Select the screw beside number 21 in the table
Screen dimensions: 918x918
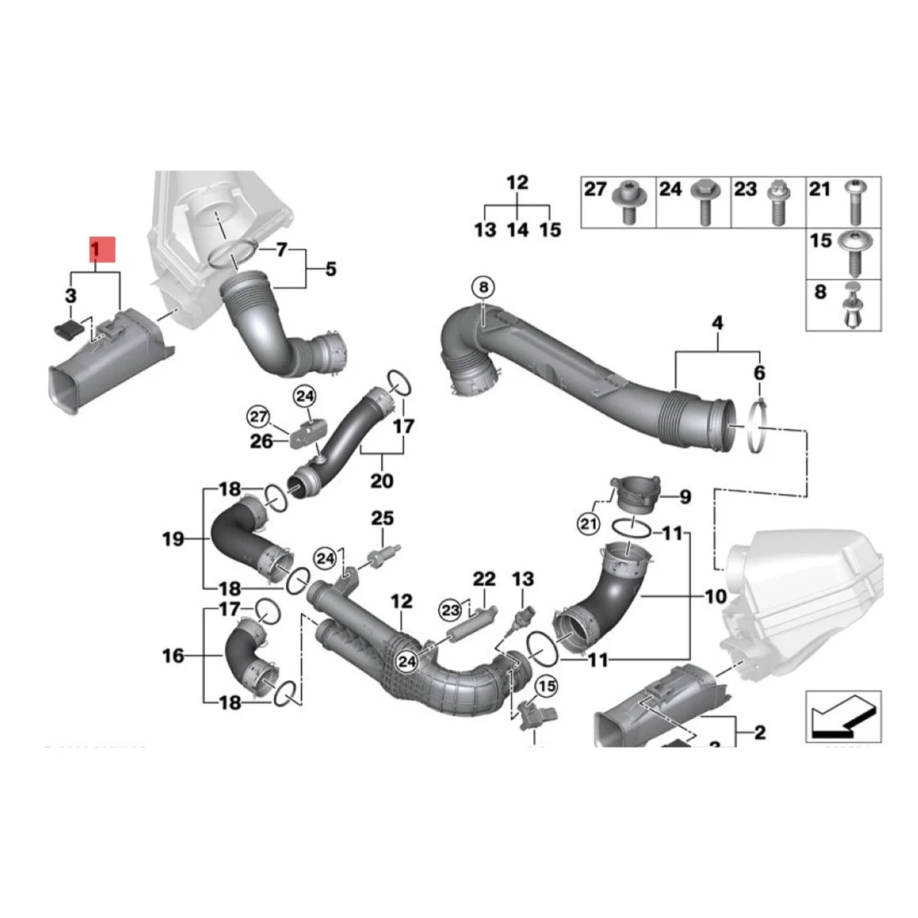point(855,203)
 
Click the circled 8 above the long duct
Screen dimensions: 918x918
point(483,288)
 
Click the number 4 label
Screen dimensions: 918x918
point(717,324)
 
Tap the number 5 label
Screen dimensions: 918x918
point(330,269)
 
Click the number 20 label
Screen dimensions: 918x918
point(381,480)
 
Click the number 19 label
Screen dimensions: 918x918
point(173,539)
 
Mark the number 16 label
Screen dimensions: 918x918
point(173,656)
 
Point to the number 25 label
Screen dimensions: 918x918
point(382,519)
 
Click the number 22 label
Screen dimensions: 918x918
point(483,579)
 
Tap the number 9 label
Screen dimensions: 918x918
point(685,497)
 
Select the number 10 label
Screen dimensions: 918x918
point(715,595)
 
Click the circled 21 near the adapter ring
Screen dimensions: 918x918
point(588,524)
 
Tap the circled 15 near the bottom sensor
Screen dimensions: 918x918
point(547,686)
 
